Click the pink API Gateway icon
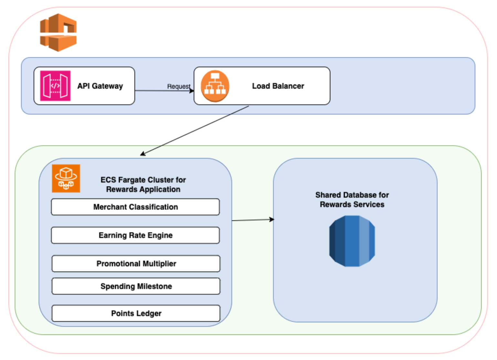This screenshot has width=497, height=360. point(55,86)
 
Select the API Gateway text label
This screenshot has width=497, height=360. point(100,86)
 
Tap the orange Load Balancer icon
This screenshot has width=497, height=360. point(215,86)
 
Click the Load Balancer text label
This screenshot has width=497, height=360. point(278,86)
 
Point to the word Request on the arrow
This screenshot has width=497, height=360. point(178,86)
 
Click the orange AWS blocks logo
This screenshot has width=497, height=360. point(58,33)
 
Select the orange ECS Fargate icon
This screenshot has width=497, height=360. point(66,178)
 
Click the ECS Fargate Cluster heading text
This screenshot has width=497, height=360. point(143,185)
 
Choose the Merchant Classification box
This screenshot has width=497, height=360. point(135,207)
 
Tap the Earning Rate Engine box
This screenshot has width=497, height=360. point(135,235)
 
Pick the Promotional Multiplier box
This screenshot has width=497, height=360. point(136,264)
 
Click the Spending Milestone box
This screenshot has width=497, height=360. point(136,286)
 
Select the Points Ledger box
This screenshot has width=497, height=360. point(136,313)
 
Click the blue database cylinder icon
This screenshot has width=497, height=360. point(352,241)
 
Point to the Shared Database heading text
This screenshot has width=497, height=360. point(352,200)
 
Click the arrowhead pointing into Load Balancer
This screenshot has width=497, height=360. point(192,91)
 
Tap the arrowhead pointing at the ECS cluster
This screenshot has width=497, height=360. point(143,154)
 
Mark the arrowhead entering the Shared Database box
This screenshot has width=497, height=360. point(272,219)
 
